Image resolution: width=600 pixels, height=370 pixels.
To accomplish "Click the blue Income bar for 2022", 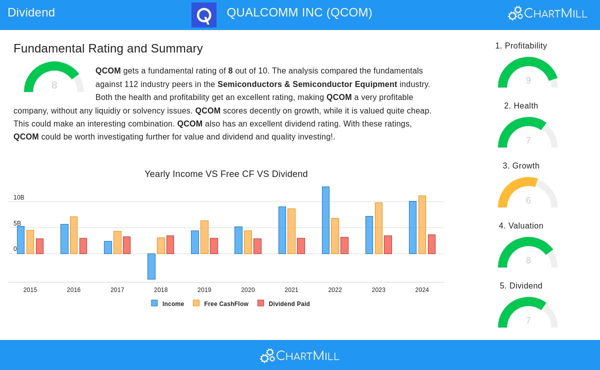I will pyautogui.click(x=325, y=220).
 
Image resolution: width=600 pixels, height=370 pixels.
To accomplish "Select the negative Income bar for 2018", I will pyautogui.click(x=151, y=266).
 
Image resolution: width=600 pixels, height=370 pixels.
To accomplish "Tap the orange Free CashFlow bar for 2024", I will pyautogui.click(x=422, y=224).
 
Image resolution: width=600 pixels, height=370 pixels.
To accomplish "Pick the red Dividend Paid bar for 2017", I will pyautogui.click(x=126, y=245).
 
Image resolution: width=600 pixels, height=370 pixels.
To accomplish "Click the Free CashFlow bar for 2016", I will pyautogui.click(x=73, y=235).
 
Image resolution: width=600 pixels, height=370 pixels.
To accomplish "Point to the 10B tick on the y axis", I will pyautogui.click(x=19, y=197).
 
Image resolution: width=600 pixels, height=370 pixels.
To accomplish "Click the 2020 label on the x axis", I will pyautogui.click(x=247, y=290).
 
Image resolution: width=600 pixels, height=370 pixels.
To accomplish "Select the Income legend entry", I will pyautogui.click(x=168, y=303).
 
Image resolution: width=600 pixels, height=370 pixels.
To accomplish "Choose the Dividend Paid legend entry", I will pyautogui.click(x=284, y=303).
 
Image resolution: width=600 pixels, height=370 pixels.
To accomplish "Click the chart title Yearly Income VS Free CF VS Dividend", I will pyautogui.click(x=226, y=174).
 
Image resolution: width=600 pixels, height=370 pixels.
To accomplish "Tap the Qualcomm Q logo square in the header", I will pyautogui.click(x=204, y=15).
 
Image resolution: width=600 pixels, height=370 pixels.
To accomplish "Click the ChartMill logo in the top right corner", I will pyautogui.click(x=547, y=13).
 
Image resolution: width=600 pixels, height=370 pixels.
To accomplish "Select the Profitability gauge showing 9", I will pyautogui.click(x=528, y=73).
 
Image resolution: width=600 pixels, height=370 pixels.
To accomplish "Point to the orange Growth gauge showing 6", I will pyautogui.click(x=528, y=193).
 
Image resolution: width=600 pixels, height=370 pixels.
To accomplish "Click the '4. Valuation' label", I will pyautogui.click(x=521, y=226).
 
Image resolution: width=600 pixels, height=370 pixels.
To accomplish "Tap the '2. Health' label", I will pyautogui.click(x=521, y=106).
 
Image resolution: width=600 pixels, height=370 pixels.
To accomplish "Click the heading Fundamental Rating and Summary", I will pyautogui.click(x=108, y=48).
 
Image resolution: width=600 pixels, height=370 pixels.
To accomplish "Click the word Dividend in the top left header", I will pyautogui.click(x=31, y=12).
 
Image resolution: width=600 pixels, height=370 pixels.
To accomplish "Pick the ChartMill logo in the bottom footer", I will pyautogui.click(x=300, y=355).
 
